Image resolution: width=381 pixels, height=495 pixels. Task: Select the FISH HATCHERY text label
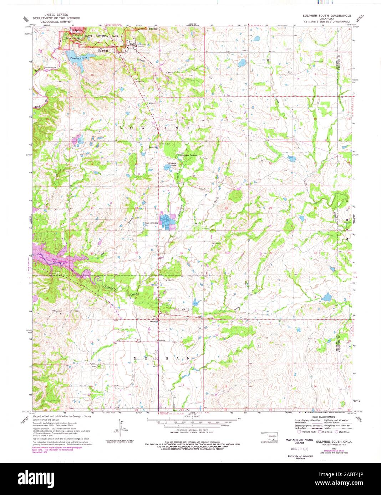(151, 223)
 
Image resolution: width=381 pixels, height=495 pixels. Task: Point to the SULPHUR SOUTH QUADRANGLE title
(327, 16)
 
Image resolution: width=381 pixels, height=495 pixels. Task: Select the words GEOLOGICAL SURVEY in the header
(56, 22)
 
